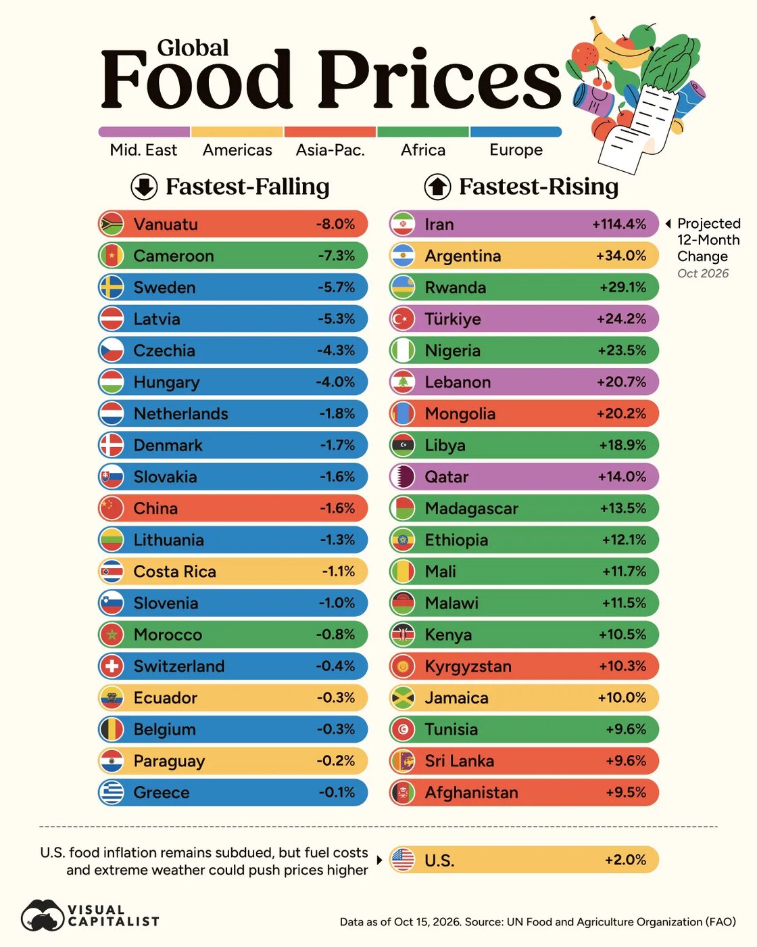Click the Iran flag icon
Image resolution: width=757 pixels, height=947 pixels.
click(x=402, y=224)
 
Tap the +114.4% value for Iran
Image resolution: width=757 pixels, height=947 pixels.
click(x=619, y=224)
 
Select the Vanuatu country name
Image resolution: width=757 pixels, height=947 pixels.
click(x=166, y=224)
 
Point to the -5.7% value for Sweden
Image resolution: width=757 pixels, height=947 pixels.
click(x=337, y=287)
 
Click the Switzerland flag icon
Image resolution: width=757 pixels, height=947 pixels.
click(x=112, y=666)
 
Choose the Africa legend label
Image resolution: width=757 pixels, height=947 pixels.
click(x=422, y=150)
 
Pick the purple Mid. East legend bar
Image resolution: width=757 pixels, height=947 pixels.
click(x=144, y=132)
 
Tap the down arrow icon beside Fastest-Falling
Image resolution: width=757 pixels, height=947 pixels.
click(x=144, y=187)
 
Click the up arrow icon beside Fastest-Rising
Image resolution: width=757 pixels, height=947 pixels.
click(x=437, y=187)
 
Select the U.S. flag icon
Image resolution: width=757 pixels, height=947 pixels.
click(x=402, y=860)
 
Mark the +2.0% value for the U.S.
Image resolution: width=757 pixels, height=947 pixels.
click(x=625, y=860)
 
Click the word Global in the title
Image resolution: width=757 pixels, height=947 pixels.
click(x=193, y=47)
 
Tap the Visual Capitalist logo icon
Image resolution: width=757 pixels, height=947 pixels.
click(x=43, y=915)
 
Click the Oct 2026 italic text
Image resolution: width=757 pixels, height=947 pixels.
click(x=703, y=273)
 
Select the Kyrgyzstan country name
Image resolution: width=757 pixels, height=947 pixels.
click(x=468, y=666)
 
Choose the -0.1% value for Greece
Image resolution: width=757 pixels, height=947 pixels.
click(x=337, y=792)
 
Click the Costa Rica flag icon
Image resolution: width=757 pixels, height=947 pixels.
click(x=112, y=571)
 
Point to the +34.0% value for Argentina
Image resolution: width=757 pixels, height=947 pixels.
click(x=621, y=256)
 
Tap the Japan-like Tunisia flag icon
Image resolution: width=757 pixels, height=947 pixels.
click(x=402, y=729)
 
